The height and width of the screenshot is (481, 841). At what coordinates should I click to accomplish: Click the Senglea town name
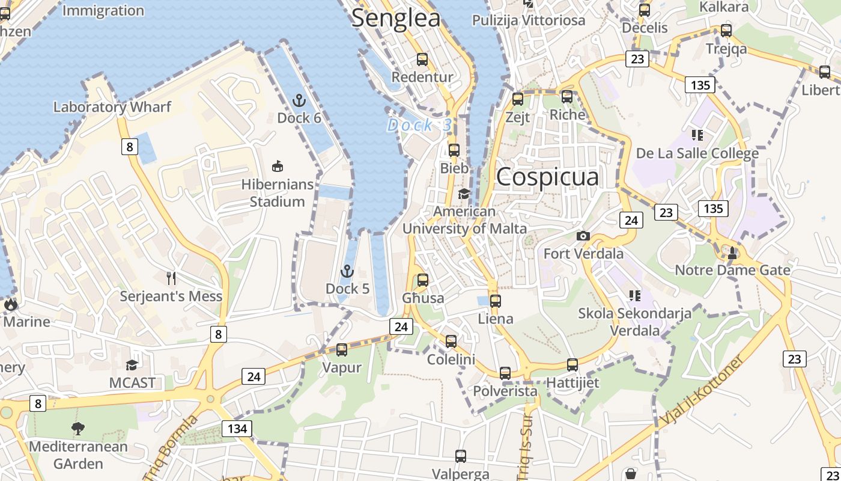pyautogui.click(x=396, y=18)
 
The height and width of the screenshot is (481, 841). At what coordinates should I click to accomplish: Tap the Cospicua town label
pyautogui.click(x=547, y=177)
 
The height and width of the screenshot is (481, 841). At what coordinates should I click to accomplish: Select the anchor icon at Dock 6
pyautogui.click(x=299, y=100)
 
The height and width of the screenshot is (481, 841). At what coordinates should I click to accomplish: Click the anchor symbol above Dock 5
pyautogui.click(x=347, y=272)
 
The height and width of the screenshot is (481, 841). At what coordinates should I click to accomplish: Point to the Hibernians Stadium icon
pyautogui.click(x=278, y=167)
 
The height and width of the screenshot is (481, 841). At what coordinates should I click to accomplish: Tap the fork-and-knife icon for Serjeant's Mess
pyautogui.click(x=171, y=278)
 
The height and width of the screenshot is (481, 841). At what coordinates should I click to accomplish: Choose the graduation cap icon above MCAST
pyautogui.click(x=132, y=365)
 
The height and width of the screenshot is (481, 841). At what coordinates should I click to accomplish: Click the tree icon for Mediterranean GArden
pyautogui.click(x=78, y=429)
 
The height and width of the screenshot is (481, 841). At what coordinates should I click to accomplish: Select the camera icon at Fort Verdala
pyautogui.click(x=583, y=236)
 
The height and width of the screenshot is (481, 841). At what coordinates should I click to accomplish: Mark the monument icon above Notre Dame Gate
pyautogui.click(x=732, y=253)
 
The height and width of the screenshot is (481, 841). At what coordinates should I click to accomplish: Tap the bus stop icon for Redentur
pyautogui.click(x=422, y=60)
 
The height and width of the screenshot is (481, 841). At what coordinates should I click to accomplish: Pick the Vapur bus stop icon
pyautogui.click(x=342, y=349)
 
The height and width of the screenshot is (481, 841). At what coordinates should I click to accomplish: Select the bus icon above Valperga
pyautogui.click(x=461, y=456)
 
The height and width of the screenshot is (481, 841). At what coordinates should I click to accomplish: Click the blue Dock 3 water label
pyautogui.click(x=419, y=125)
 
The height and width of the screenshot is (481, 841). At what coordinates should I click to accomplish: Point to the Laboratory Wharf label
pyautogui.click(x=112, y=107)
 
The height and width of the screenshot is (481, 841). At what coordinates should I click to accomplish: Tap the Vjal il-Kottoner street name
pyautogui.click(x=700, y=391)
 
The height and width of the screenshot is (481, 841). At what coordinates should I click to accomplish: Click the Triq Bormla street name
pyautogui.click(x=171, y=446)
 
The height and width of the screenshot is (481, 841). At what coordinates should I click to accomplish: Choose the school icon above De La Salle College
pyautogui.click(x=697, y=135)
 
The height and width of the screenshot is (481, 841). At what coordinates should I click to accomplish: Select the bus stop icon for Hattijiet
pyautogui.click(x=572, y=364)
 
